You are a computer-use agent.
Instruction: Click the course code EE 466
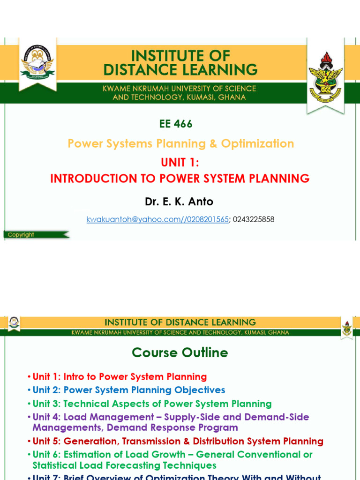176,124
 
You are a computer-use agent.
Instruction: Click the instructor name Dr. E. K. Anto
179,202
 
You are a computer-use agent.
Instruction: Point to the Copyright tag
21,235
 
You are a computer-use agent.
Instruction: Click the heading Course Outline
180,352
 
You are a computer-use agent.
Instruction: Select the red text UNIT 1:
180,162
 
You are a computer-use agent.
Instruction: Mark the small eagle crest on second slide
347,329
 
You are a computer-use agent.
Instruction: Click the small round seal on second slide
13,322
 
